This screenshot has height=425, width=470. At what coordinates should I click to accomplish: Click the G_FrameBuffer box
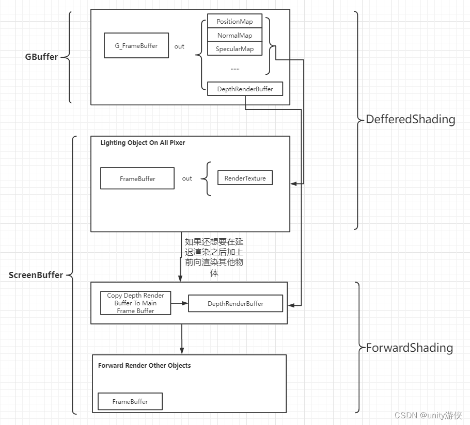[x=136, y=46]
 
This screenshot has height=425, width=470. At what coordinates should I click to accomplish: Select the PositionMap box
[x=234, y=22]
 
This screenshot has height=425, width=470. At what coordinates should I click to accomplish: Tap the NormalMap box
[x=234, y=36]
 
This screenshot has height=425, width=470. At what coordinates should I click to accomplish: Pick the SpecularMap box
[x=234, y=49]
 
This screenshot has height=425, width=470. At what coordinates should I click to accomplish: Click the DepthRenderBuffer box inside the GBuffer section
[x=245, y=89]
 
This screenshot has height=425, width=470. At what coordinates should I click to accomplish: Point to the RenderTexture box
[x=245, y=178]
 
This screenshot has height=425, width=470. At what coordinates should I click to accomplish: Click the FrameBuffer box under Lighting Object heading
[x=137, y=178]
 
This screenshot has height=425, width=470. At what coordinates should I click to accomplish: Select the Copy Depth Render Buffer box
[x=135, y=303]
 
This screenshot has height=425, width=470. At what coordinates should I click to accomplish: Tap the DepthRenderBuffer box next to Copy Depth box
[x=236, y=304]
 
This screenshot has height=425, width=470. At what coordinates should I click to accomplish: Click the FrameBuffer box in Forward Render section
[x=130, y=401]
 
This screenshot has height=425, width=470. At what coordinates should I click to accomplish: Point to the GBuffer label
[x=41, y=57]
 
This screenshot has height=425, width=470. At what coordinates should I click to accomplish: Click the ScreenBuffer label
[x=36, y=275]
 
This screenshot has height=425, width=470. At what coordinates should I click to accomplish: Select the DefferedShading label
[x=411, y=120]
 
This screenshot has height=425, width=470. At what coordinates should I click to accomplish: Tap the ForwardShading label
[x=410, y=348]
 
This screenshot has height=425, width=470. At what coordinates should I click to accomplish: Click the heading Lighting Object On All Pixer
[x=143, y=143]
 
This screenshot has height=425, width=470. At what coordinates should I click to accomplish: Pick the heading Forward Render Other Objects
[x=144, y=366]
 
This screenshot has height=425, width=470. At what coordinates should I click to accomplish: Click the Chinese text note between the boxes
[x=214, y=257]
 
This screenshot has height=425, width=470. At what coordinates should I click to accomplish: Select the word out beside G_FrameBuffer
[x=179, y=46]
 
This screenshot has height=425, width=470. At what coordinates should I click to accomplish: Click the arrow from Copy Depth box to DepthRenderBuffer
[x=179, y=303]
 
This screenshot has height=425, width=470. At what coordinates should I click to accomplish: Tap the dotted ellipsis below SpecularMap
[x=234, y=68]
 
